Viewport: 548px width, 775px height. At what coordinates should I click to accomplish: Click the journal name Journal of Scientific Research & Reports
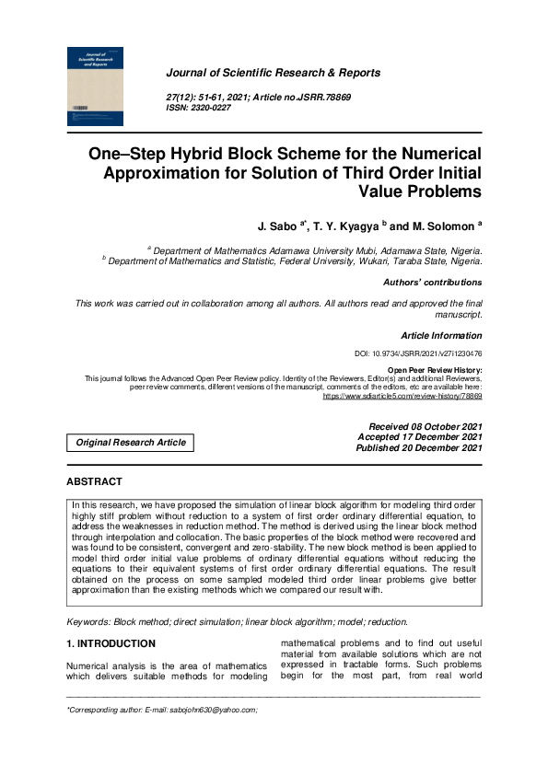point(273,73)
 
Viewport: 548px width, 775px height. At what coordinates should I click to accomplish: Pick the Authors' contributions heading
point(432,283)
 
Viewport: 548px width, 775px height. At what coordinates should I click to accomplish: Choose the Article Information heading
point(441,336)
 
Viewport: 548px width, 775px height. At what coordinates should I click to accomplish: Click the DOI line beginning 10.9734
point(418,353)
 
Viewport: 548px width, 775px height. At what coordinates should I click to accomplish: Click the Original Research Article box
point(131,443)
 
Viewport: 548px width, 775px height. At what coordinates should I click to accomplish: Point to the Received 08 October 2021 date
point(425,427)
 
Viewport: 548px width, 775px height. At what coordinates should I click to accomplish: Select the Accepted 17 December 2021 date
point(419,437)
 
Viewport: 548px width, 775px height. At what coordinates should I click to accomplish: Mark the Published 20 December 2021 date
point(419,448)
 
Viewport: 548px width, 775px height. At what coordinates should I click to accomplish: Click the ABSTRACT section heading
point(95,481)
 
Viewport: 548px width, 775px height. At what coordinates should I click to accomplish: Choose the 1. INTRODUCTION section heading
point(111,643)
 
